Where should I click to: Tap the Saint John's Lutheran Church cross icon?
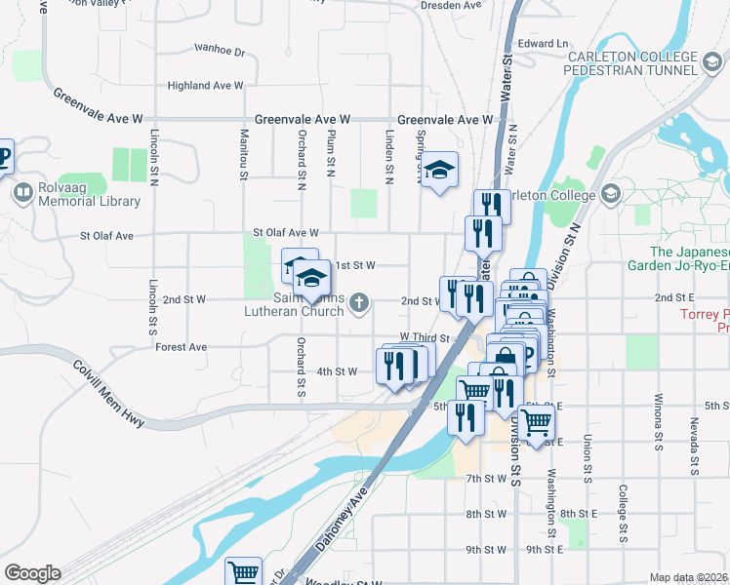[x=359, y=303]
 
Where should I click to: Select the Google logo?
[x=32, y=573]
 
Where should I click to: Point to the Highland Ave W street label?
[x=205, y=86]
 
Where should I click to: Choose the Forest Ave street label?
[x=182, y=346]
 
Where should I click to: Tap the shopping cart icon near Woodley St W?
[x=242, y=572]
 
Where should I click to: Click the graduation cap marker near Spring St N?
[x=439, y=173]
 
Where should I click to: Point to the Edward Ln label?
[x=543, y=44]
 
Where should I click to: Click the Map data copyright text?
[x=688, y=577]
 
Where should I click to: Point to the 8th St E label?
[x=579, y=513]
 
